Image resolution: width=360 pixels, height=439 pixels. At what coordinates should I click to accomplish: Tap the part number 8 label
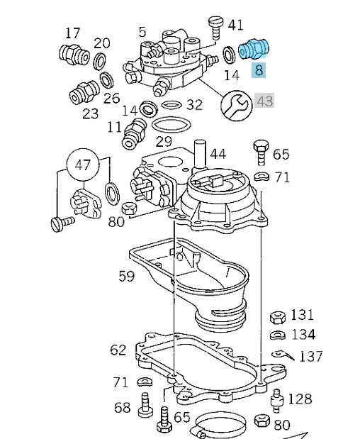point(259,70)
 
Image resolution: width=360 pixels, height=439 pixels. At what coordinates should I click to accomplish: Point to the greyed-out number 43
point(264,101)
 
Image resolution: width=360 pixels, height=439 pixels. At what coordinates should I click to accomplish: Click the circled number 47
point(84,165)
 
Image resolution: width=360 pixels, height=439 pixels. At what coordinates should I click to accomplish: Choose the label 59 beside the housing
point(126,276)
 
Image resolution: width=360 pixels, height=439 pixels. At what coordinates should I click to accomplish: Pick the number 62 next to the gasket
point(118,350)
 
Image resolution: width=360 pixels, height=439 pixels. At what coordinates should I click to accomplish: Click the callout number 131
point(302,315)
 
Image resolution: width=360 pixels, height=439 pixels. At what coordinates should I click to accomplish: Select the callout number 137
point(310,357)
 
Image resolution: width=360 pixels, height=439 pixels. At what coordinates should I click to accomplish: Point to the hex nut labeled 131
point(276,316)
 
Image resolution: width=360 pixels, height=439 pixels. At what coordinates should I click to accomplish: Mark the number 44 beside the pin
point(218,154)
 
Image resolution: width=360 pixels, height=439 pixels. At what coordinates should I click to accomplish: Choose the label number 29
point(164,142)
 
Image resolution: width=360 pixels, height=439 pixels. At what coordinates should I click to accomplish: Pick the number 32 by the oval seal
point(194,105)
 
